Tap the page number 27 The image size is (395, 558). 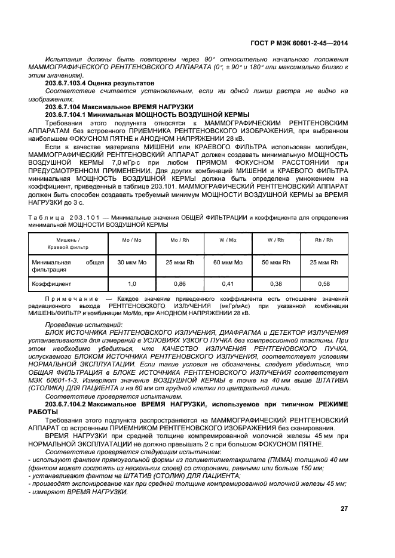pos(344,508)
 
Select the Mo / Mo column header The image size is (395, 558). pos(131,240)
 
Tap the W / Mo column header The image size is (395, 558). pos(228,240)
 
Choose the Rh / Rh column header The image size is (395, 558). pos(324,240)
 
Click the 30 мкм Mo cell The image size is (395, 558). pos(131,262)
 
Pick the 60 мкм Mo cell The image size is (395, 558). pos(228,262)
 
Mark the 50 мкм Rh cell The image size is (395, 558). pos(275,262)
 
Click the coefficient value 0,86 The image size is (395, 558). pos(179,285)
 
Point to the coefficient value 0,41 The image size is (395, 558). pos(228,285)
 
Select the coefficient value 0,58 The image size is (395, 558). pos(324,285)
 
